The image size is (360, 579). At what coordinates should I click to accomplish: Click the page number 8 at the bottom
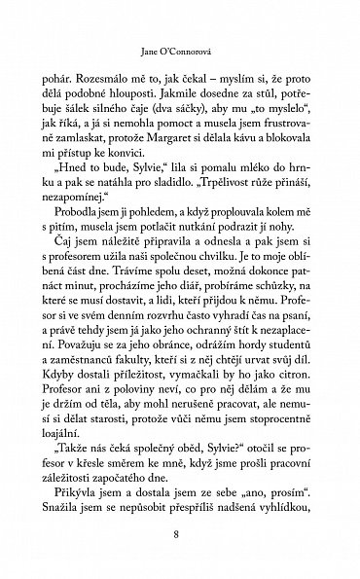point(176,534)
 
